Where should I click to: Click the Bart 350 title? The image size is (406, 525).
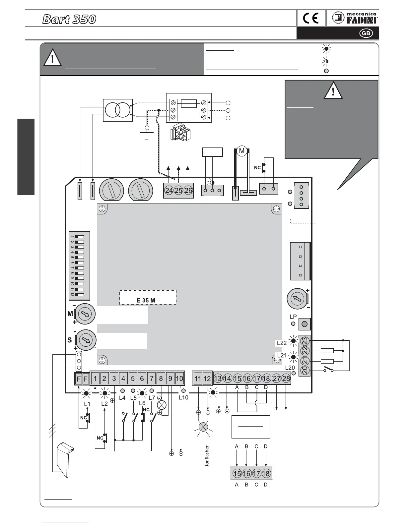click(x=69, y=19)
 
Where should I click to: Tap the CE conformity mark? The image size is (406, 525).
click(x=311, y=19)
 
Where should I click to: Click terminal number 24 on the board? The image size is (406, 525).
click(x=169, y=191)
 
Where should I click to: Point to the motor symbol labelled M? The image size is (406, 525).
click(x=242, y=151)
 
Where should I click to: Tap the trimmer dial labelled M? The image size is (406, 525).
click(x=85, y=313)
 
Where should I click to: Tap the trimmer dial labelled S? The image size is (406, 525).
click(x=86, y=340)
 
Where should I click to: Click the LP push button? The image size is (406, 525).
click(x=305, y=324)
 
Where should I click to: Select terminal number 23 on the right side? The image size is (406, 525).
click(x=305, y=341)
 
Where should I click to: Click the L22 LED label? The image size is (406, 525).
click(x=282, y=343)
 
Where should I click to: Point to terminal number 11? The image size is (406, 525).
click(x=198, y=379)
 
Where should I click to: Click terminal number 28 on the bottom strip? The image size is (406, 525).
click(x=286, y=379)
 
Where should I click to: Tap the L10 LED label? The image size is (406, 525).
click(x=183, y=397)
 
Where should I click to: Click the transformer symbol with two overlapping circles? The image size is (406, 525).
click(x=118, y=110)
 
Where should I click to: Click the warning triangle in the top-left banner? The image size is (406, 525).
click(x=52, y=57)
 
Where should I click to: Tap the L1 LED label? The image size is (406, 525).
click(x=87, y=404)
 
